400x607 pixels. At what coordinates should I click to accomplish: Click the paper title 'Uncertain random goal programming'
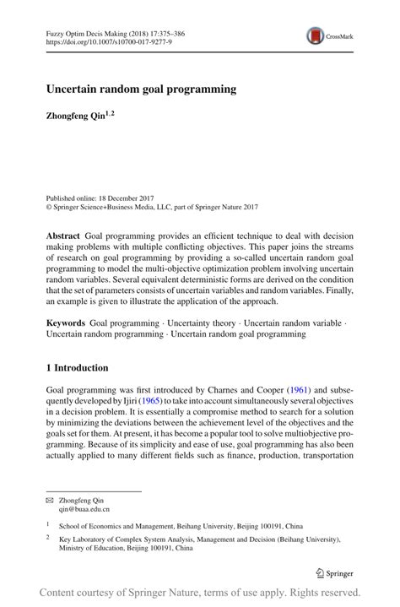(140, 88)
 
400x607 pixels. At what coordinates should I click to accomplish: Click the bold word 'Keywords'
(66, 322)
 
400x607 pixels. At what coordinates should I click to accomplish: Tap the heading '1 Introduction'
(77, 368)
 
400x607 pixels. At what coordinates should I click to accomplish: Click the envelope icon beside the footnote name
(49, 500)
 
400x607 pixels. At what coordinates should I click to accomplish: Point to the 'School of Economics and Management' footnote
(127, 524)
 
